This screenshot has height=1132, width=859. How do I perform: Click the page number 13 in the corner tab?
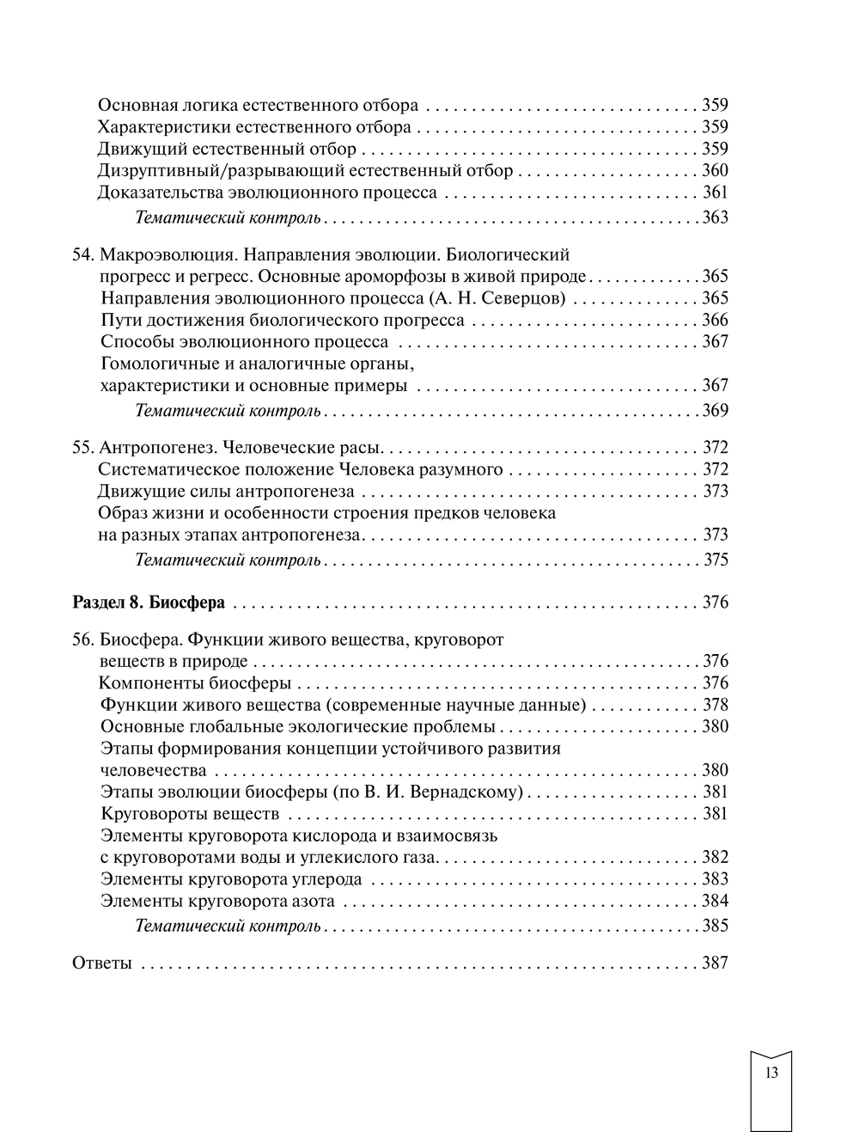coord(771,1072)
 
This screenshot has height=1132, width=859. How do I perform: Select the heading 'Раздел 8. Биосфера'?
coord(148,603)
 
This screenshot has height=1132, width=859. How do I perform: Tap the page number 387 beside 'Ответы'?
coord(715,964)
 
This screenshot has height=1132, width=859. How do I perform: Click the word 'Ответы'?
coord(101,964)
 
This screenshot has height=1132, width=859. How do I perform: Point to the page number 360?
coord(715,171)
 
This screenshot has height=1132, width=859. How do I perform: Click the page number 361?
coord(715,193)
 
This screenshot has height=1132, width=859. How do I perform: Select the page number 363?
coord(715,217)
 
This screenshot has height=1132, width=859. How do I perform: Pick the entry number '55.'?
coord(82,448)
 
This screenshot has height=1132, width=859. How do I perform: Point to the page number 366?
coord(715,321)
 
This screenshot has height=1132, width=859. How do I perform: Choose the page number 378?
coord(715,706)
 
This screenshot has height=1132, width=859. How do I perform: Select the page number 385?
coord(715,927)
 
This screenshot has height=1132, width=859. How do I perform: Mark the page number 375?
coord(715,560)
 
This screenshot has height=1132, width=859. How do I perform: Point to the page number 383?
coord(715,879)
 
